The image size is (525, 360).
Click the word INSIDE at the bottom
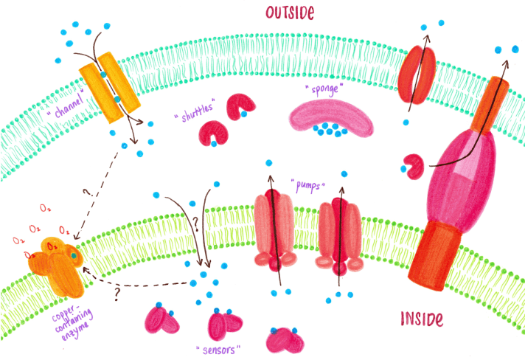click(422, 319)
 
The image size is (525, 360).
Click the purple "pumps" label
click(309, 184)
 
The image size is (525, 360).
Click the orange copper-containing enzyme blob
click(56, 260)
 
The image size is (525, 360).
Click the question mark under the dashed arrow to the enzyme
click(117, 293)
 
